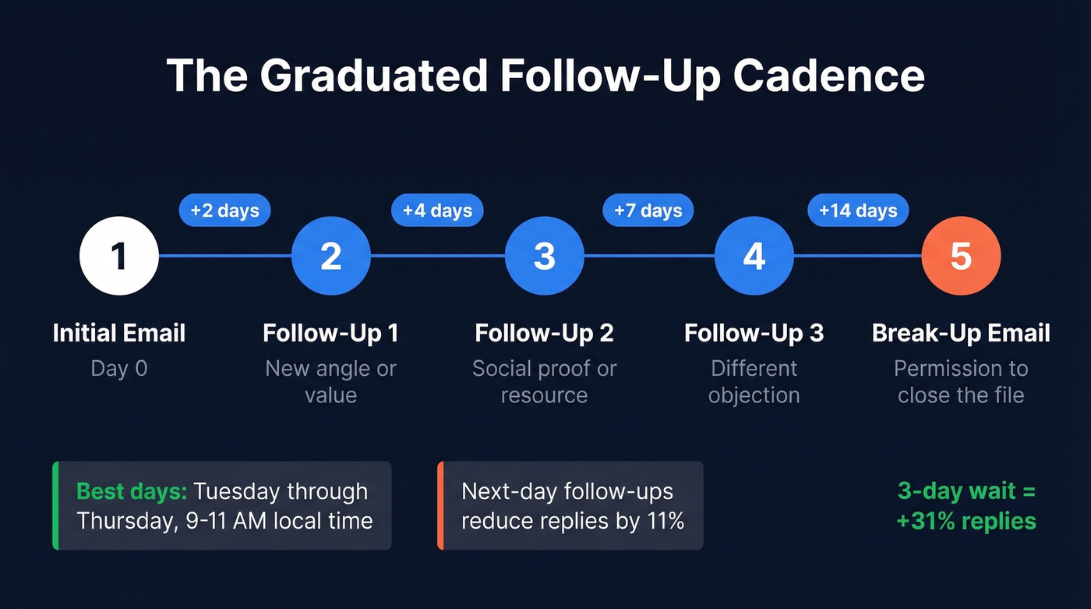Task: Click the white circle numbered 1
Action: click(x=119, y=256)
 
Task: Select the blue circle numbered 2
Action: click(x=331, y=256)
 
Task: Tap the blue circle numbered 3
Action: click(x=544, y=256)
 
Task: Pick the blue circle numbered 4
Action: click(x=754, y=256)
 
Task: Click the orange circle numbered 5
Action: click(x=961, y=256)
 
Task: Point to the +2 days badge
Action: click(x=225, y=211)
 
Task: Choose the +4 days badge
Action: click(x=437, y=211)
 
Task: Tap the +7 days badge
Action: click(x=648, y=211)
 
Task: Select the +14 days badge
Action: click(x=858, y=211)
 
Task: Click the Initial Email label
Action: click(x=119, y=334)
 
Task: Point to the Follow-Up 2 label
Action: click(x=544, y=334)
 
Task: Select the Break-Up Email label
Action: click(x=961, y=334)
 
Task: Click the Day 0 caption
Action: click(x=119, y=368)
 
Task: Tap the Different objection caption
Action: click(x=754, y=381)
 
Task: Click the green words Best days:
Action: click(x=132, y=492)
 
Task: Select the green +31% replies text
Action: click(x=966, y=520)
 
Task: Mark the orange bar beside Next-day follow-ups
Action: click(x=440, y=505)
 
